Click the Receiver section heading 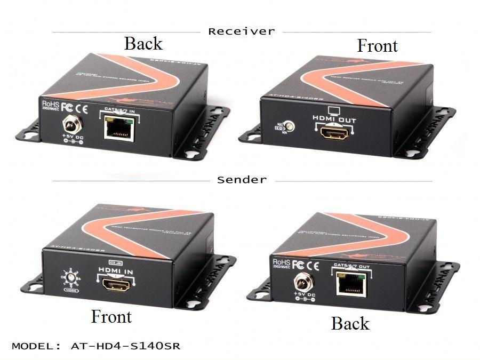(241, 31)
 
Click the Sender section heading (241, 180)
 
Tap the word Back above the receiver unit (143, 44)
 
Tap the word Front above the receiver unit (377, 46)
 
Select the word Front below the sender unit (111, 316)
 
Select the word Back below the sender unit (350, 323)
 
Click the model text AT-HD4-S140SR (96, 346)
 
